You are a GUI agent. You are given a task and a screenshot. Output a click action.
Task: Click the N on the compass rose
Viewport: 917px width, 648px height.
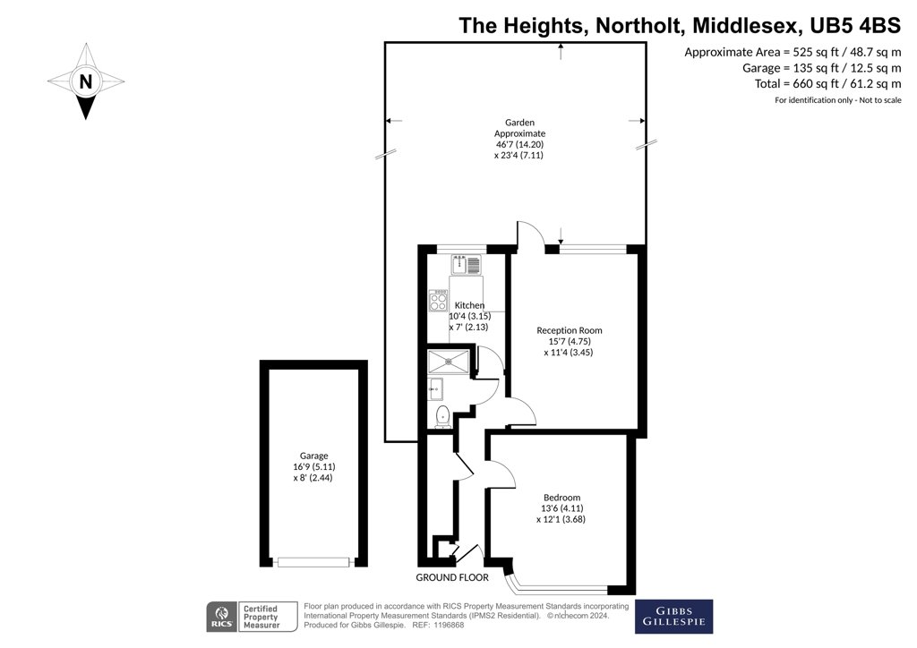click(86, 81)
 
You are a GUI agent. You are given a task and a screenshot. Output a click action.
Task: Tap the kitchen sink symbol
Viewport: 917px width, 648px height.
click(466, 265)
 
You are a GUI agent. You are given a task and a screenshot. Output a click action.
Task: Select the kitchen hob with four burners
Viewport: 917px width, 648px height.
click(438, 301)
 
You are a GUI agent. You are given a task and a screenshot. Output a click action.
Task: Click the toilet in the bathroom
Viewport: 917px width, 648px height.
click(442, 416)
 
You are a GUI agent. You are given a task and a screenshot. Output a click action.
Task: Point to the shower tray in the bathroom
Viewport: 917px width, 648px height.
click(449, 361)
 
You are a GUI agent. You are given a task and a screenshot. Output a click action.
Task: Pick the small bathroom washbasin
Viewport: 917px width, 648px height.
click(435, 388)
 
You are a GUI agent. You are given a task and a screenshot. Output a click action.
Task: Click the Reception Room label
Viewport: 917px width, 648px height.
click(569, 330)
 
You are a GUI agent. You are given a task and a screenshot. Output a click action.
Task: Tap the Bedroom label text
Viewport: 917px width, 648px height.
click(561, 498)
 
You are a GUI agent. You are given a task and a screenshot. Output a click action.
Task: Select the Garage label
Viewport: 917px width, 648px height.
click(314, 456)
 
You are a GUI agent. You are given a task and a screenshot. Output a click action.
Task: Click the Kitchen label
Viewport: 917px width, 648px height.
click(469, 305)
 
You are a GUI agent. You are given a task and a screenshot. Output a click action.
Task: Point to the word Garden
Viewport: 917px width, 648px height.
click(520, 123)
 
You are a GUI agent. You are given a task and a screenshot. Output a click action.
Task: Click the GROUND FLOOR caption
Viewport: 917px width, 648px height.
click(452, 577)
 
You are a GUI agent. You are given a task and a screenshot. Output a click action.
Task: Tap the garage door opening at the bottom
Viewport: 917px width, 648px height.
click(313, 562)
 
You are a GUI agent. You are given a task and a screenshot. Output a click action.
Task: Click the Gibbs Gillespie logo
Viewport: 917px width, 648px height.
click(673, 617)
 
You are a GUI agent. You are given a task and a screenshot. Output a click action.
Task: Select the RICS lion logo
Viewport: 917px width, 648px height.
click(222, 617)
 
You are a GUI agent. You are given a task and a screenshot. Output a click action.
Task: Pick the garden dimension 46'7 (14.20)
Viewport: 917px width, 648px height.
click(520, 144)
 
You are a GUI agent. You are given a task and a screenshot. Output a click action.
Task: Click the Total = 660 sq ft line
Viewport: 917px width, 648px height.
click(828, 83)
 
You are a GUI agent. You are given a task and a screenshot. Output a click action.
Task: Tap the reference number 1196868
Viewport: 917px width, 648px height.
click(448, 626)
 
